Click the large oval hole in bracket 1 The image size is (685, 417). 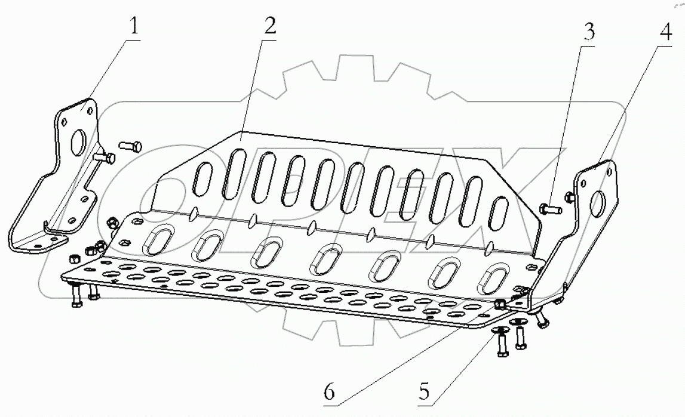pyautogui.click(x=79, y=139)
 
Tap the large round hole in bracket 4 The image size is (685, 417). pyautogui.click(x=597, y=204)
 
